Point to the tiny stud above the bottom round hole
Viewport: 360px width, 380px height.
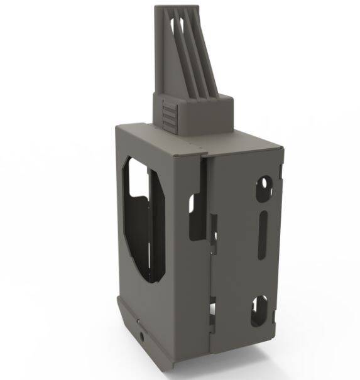tap(138, 322)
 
